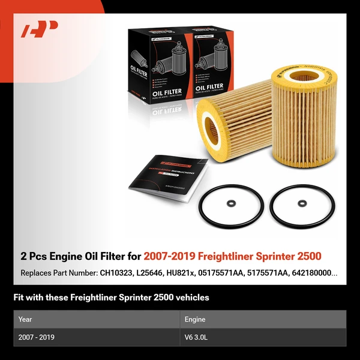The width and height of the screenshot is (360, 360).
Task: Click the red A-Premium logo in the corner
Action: pyautogui.click(x=39, y=29)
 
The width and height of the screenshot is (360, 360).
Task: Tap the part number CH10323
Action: pyautogui.click(x=124, y=273)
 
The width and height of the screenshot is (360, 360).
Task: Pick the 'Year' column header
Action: pyautogui.click(x=25, y=319)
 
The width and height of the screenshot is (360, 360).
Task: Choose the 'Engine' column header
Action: pyautogui.click(x=195, y=319)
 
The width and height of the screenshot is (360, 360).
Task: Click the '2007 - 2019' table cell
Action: pyautogui.click(x=37, y=337)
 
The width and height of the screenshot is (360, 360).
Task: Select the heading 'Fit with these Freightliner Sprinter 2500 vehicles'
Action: pyautogui.click(x=111, y=297)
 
